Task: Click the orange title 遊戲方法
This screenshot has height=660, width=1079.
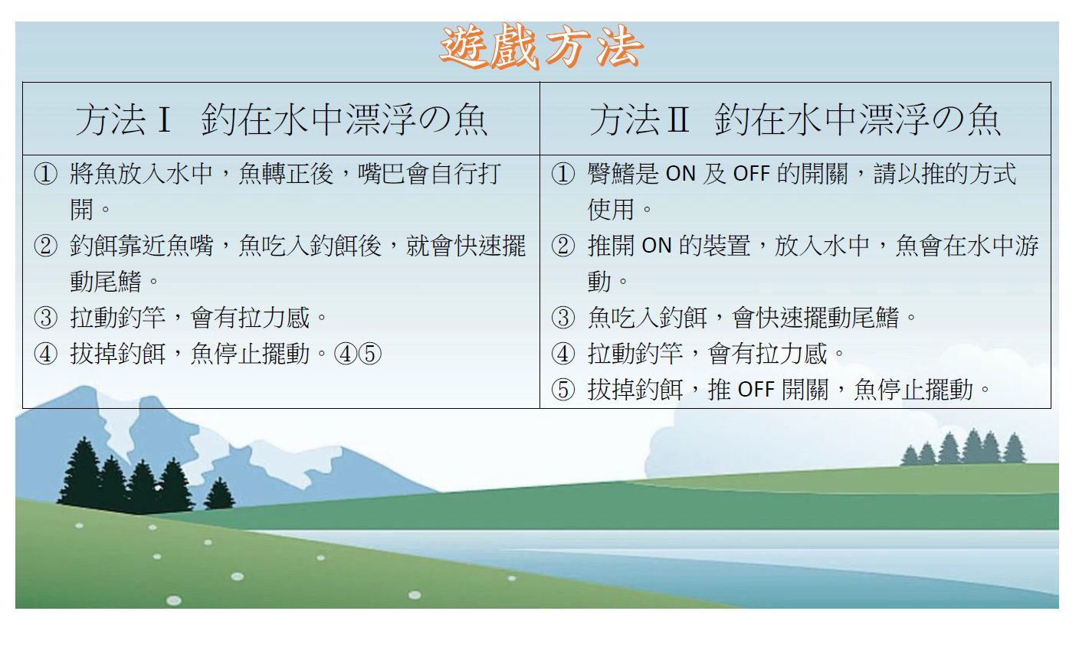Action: point(541,47)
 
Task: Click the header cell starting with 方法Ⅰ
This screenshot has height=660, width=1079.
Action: point(281,120)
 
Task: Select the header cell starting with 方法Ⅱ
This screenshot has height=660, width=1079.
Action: point(795,120)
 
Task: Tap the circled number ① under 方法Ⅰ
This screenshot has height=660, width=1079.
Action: point(45,175)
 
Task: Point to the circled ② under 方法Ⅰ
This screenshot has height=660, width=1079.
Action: point(45,246)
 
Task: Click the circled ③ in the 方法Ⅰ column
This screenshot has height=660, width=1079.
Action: point(45,317)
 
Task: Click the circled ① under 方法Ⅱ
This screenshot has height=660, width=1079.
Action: point(562,175)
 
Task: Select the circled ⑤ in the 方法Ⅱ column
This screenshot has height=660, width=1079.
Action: point(562,390)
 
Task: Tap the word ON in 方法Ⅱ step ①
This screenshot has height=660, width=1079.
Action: point(681,175)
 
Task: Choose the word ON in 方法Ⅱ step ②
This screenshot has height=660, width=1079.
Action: point(656,246)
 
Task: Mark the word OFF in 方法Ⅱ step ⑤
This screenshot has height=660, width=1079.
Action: point(756,390)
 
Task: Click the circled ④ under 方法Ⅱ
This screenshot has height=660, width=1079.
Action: point(562,354)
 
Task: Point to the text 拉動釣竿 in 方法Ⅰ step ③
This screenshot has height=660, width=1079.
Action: point(117,317)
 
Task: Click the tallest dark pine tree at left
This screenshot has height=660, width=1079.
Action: point(82,471)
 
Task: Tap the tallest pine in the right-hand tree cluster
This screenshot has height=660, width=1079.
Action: point(972,445)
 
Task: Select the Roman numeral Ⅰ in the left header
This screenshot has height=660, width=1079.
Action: point(162,120)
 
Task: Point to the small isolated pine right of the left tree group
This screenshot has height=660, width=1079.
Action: point(219,494)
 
